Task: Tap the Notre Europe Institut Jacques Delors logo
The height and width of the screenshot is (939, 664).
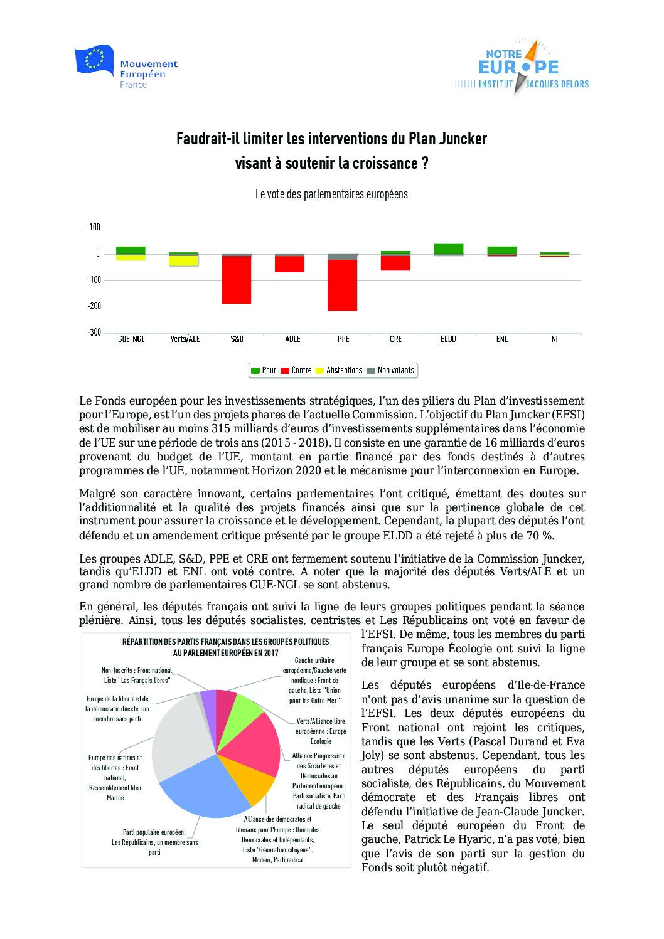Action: [x=520, y=68]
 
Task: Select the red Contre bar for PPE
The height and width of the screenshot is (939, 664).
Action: [x=343, y=285]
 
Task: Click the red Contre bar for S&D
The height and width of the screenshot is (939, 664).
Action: [x=237, y=280]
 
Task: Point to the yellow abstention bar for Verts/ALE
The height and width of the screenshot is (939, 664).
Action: [x=184, y=261]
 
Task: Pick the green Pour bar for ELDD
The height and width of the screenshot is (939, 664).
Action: [x=449, y=249]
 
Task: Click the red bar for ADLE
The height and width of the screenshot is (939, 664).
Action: [x=289, y=264]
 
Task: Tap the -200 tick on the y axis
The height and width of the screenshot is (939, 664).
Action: [x=94, y=306]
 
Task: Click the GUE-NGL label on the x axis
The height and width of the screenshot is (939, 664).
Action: [x=131, y=339]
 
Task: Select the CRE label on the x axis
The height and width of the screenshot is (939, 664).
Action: [x=395, y=339]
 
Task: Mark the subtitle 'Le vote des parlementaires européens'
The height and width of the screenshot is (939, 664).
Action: [x=331, y=194]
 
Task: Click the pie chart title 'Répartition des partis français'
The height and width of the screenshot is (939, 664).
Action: [x=225, y=647]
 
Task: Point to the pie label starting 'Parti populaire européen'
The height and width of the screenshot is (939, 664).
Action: [x=154, y=842]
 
